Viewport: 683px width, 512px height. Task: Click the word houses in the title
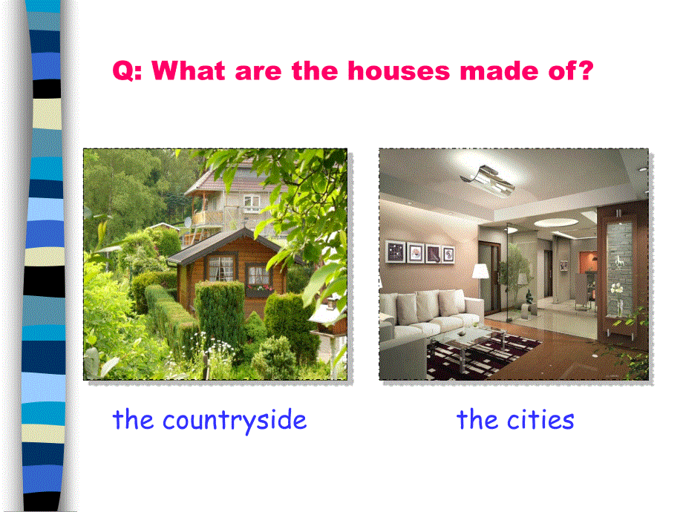pos(399,70)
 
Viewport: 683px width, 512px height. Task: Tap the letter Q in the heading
pos(122,71)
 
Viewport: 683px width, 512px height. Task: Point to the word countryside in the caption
pos(235,421)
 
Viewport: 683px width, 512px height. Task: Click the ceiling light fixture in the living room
pos(488,180)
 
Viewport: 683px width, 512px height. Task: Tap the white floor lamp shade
pos(480,271)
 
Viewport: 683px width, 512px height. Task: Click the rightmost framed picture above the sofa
pos(448,255)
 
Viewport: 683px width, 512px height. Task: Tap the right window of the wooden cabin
pos(258,277)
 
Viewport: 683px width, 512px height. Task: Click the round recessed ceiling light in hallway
pos(556,223)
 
